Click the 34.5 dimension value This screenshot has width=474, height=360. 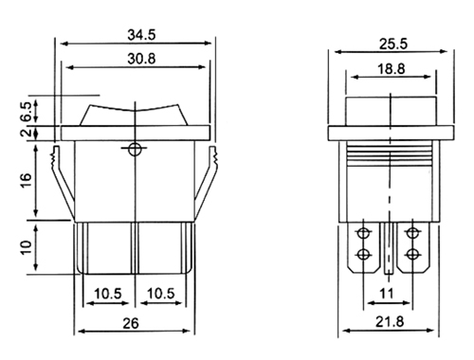[141, 34]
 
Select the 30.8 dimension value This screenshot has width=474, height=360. [141, 59]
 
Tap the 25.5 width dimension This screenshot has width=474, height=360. [393, 45]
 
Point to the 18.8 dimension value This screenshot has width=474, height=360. [392, 69]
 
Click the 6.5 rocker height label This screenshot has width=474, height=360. [27, 112]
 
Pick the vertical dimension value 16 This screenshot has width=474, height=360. [27, 180]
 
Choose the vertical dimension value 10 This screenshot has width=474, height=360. [27, 247]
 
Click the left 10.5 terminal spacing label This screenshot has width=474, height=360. [108, 294]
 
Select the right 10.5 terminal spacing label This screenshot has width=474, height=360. [161, 294]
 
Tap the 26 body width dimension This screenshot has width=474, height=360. [131, 323]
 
